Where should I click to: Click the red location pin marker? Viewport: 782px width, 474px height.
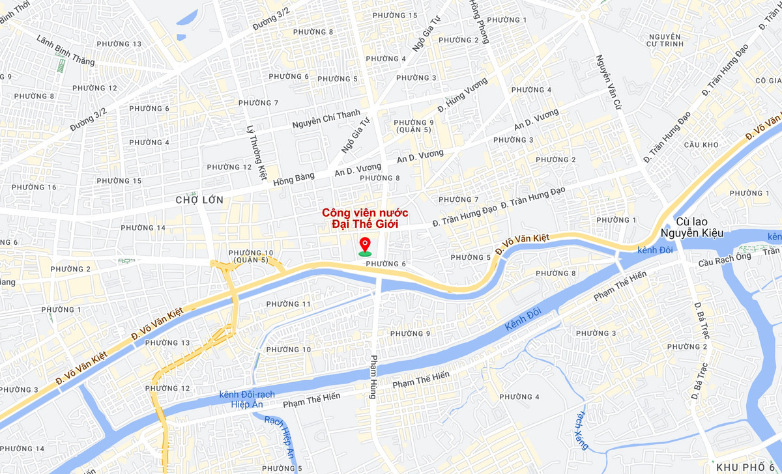point(365,246)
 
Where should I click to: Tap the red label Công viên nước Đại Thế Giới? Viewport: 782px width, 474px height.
point(365,218)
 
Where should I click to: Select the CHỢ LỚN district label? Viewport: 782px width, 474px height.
point(199,200)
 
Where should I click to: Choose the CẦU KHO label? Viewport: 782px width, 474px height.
point(701,145)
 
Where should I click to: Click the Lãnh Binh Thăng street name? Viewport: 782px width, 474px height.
point(66,50)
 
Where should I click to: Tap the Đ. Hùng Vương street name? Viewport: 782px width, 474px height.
point(462,94)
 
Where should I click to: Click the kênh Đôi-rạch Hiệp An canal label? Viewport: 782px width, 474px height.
point(247,399)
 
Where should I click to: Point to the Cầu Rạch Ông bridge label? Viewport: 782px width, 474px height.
point(724,260)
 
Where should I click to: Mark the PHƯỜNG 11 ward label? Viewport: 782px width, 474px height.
point(289,304)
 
